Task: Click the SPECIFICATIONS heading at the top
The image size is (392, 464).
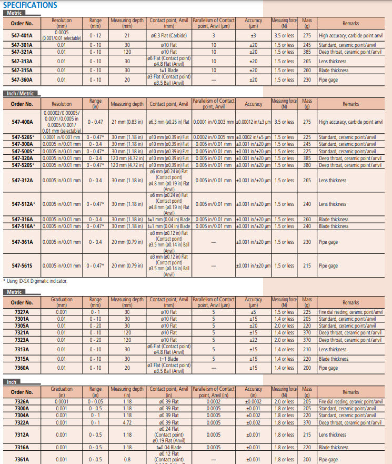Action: click(x=30, y=5)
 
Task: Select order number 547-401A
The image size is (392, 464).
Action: click(x=22, y=36)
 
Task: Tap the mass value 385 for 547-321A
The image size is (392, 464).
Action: click(x=307, y=52)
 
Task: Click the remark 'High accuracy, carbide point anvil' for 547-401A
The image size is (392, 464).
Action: click(x=351, y=36)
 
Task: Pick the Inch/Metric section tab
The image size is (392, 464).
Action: click(x=21, y=93)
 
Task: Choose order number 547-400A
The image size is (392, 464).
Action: click(x=22, y=122)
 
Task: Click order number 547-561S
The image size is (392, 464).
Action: click(x=22, y=266)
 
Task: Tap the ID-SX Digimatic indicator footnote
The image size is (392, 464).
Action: click(x=36, y=281)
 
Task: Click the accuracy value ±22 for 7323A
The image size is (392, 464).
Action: click(x=254, y=340)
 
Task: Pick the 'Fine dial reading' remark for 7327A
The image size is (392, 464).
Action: click(x=351, y=312)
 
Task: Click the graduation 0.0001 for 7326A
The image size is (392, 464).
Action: click(x=62, y=401)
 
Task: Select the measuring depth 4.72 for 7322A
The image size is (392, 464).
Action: click(x=127, y=422)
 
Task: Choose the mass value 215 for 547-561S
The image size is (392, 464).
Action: click(x=307, y=266)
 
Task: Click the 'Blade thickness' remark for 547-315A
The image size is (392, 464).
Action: click(x=334, y=70)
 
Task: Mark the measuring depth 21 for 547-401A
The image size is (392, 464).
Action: click(x=127, y=36)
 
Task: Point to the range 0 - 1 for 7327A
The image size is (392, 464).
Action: click(x=95, y=312)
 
